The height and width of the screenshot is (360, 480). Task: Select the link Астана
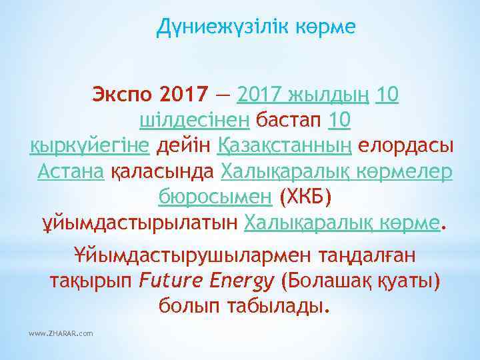[x=70, y=171]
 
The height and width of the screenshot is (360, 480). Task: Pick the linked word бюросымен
[x=215, y=196]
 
